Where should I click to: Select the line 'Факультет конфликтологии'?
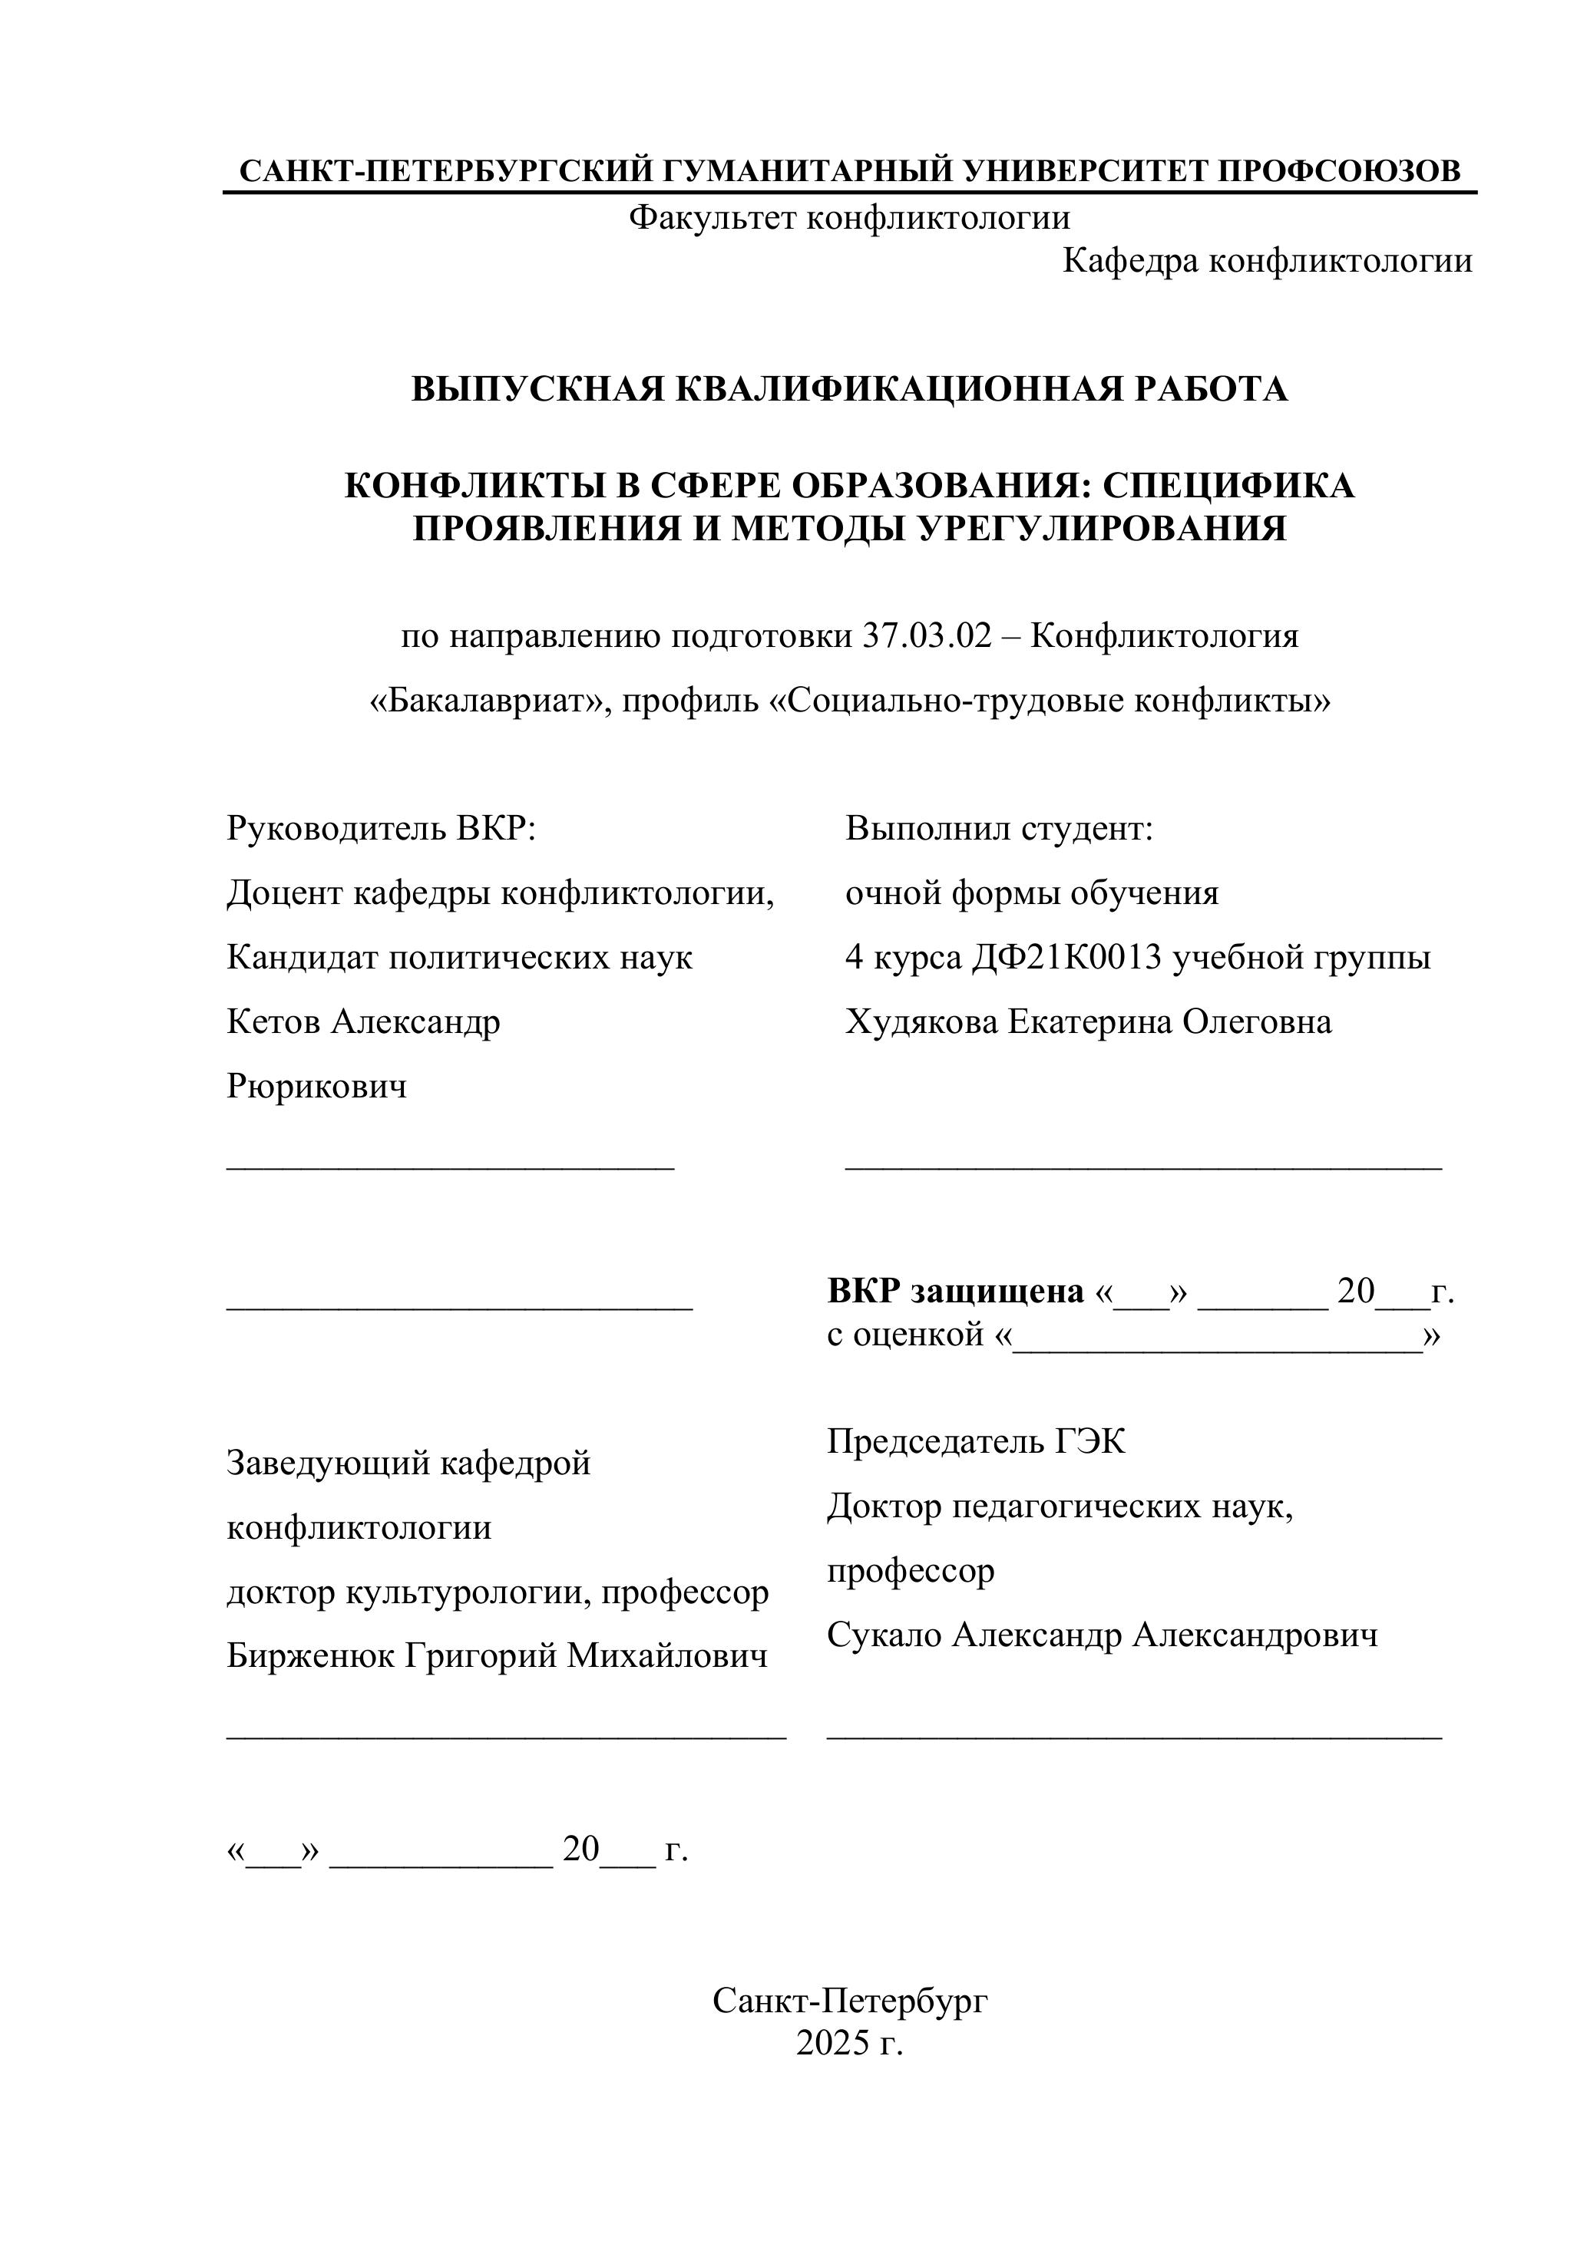point(848,217)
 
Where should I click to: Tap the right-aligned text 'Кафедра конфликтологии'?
point(1268,261)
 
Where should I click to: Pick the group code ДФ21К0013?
point(1066,958)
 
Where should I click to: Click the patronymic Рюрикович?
point(317,1086)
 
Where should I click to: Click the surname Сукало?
point(884,1635)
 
